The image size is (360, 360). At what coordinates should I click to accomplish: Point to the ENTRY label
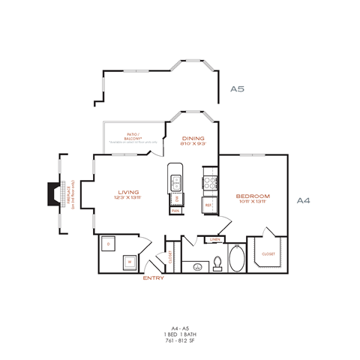[154, 278]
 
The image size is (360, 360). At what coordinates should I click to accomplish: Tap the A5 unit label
[237, 88]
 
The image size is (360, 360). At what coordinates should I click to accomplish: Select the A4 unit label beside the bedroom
[304, 200]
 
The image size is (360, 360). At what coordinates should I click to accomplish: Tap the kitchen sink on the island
[175, 181]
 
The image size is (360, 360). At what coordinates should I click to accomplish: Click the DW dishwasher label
[175, 199]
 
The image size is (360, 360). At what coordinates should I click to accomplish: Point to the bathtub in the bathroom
[235, 259]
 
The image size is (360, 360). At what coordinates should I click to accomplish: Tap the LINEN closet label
[214, 239]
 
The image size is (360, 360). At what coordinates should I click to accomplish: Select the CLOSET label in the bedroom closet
[268, 254]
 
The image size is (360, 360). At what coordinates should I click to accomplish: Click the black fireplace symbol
[52, 193]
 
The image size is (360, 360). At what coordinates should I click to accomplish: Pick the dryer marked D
[109, 244]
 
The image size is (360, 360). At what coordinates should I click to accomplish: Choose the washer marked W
[129, 261]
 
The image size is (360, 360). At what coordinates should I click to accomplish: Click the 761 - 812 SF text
[179, 340]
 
